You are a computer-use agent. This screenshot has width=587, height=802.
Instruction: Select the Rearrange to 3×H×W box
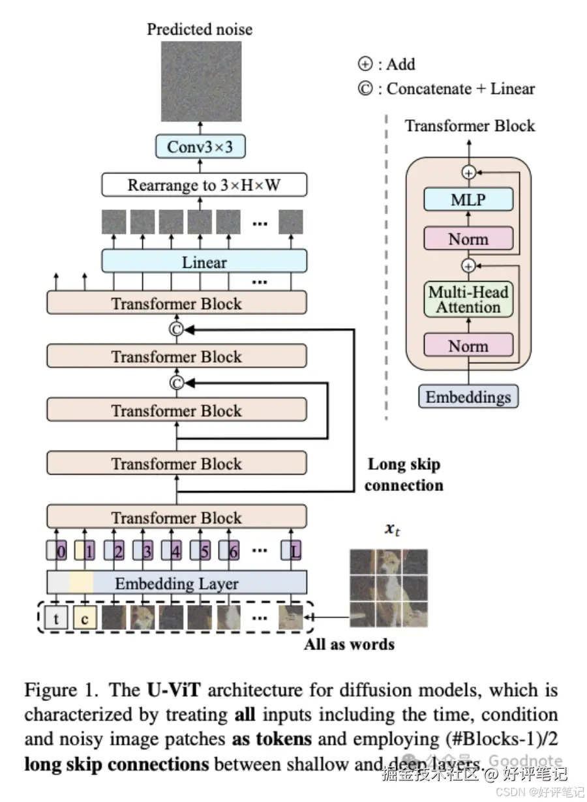(x=203, y=185)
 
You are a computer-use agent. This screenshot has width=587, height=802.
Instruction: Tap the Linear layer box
(x=203, y=262)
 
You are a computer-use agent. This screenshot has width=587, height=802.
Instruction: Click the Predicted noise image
(x=201, y=82)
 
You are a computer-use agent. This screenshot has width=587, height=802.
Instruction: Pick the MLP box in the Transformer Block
(x=468, y=199)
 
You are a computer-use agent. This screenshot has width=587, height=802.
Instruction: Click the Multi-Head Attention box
(x=468, y=299)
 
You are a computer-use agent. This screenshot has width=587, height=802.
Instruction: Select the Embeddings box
(x=468, y=396)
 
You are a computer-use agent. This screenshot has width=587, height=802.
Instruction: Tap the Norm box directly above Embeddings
(x=468, y=346)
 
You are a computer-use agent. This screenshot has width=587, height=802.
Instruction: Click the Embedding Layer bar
(x=177, y=583)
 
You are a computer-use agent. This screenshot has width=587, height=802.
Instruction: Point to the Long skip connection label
(x=404, y=475)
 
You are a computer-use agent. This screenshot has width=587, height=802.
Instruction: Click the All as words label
(x=350, y=645)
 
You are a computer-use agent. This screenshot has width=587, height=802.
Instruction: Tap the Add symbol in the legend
(x=365, y=64)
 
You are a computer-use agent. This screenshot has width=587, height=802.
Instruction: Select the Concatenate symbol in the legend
(x=365, y=89)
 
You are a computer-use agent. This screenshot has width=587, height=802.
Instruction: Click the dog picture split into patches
(x=389, y=588)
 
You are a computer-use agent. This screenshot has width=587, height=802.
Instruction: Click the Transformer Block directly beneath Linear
(x=176, y=304)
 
